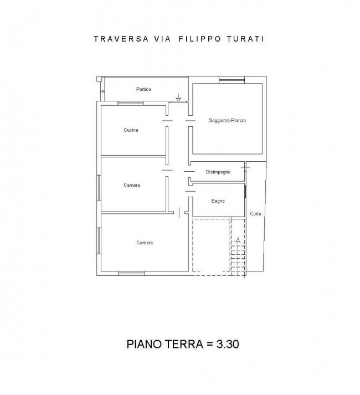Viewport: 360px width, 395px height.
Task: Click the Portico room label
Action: tap(143, 89)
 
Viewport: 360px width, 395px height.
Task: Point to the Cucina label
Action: tap(131, 130)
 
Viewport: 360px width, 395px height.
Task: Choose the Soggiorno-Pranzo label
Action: tap(227, 120)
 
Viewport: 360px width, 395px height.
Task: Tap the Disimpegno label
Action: tap(218, 172)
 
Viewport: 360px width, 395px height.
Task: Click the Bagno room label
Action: tap(218, 201)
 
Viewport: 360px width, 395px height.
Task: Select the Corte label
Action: tap(255, 214)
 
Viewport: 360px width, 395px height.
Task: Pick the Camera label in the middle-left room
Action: tap(132, 185)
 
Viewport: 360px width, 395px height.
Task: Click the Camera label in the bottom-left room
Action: tap(145, 243)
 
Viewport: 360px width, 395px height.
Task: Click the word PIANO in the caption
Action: tap(143, 344)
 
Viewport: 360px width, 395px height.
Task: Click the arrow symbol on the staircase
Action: tap(238, 240)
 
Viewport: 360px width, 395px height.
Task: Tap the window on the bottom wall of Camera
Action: tap(131, 273)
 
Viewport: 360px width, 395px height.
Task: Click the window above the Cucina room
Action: tap(131, 102)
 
